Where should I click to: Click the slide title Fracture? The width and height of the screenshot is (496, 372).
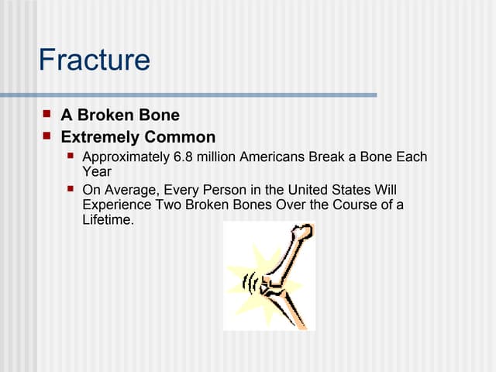click(94, 60)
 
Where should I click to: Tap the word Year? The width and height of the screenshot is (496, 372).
click(97, 172)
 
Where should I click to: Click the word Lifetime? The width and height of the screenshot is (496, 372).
click(108, 220)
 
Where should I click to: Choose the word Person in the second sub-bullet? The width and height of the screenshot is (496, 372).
click(223, 189)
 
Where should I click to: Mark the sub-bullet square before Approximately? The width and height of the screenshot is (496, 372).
click(71, 157)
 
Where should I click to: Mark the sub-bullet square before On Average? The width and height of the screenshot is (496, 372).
click(71, 188)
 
